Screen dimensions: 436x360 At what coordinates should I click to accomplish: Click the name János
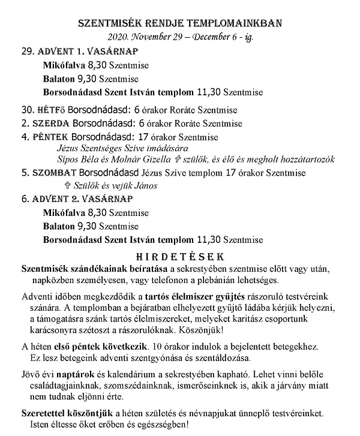coord(144,186)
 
